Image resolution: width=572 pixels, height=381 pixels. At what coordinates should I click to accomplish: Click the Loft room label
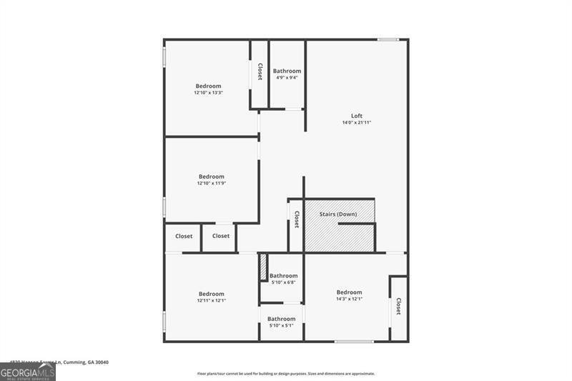tap(357, 116)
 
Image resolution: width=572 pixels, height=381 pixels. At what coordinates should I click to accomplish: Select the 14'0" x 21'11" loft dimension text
tap(357, 123)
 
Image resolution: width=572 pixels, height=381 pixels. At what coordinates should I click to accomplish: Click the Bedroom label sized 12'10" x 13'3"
tap(208, 86)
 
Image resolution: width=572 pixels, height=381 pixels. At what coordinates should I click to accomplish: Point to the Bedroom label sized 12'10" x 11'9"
tap(211, 177)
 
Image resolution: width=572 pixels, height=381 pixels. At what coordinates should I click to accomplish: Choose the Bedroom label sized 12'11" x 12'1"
tap(211, 294)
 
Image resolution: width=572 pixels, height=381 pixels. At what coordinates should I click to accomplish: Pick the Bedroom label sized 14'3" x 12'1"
tap(349, 292)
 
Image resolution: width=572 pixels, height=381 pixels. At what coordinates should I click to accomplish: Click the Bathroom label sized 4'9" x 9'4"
tap(287, 71)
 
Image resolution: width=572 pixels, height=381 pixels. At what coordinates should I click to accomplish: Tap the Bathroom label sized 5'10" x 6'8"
tap(283, 275)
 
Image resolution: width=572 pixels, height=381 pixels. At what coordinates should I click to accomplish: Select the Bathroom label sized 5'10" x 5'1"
tap(281, 319)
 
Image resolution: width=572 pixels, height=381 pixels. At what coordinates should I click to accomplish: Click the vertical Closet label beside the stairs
tap(296, 218)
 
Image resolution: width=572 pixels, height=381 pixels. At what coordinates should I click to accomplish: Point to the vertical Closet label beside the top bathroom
tap(260, 71)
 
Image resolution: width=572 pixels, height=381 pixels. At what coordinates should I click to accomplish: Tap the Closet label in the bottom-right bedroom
tap(398, 306)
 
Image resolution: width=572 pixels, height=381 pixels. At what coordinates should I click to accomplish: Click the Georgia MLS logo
tap(27, 372)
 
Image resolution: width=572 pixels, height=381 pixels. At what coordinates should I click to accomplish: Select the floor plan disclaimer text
tap(286, 373)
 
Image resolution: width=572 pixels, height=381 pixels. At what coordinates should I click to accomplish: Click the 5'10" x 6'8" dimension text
tap(283, 282)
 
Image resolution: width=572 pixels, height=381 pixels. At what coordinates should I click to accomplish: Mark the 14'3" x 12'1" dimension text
tap(349, 299)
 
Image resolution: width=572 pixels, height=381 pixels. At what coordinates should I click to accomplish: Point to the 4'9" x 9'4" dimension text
tap(287, 78)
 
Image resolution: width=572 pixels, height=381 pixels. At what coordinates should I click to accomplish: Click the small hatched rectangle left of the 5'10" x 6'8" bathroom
tap(263, 267)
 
